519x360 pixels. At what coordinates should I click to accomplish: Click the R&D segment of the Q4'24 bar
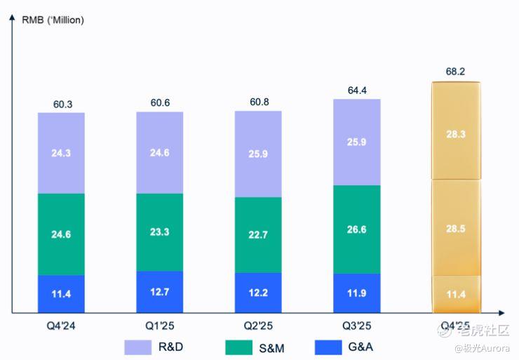[x=61, y=152]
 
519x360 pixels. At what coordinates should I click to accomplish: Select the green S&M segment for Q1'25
[x=159, y=232]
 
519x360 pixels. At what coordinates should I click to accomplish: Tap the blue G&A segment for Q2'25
[x=258, y=292]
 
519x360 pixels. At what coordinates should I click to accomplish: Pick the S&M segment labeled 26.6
[x=356, y=229]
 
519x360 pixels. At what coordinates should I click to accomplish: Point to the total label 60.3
[x=62, y=104]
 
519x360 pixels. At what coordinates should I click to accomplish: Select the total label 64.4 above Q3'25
[x=356, y=90]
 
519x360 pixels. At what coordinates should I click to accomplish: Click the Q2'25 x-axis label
[x=257, y=326]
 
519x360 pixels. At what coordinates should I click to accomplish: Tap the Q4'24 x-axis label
[x=61, y=326]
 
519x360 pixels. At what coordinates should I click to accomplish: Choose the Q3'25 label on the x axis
[x=356, y=326]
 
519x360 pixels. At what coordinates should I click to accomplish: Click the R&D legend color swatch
[x=137, y=347]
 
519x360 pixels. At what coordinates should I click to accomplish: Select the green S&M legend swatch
[x=238, y=347]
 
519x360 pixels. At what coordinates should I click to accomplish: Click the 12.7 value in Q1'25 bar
[x=159, y=291]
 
